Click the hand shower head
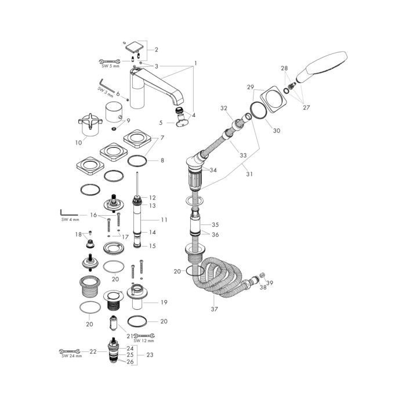pos(321,67)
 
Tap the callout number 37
pos(214,309)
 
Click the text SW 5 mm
pos(111,66)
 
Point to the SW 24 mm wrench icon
pos(70,351)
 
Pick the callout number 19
pos(164,302)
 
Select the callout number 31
pos(249,174)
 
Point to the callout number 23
pos(150,355)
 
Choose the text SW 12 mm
pos(144,341)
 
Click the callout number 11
pos(164,220)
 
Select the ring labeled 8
pos(137,161)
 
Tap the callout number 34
pos(213,170)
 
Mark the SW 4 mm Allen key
pos(69,213)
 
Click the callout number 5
pos(161,122)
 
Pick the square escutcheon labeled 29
pos(274,99)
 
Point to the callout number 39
pos(270,283)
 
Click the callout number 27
pos(306,107)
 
